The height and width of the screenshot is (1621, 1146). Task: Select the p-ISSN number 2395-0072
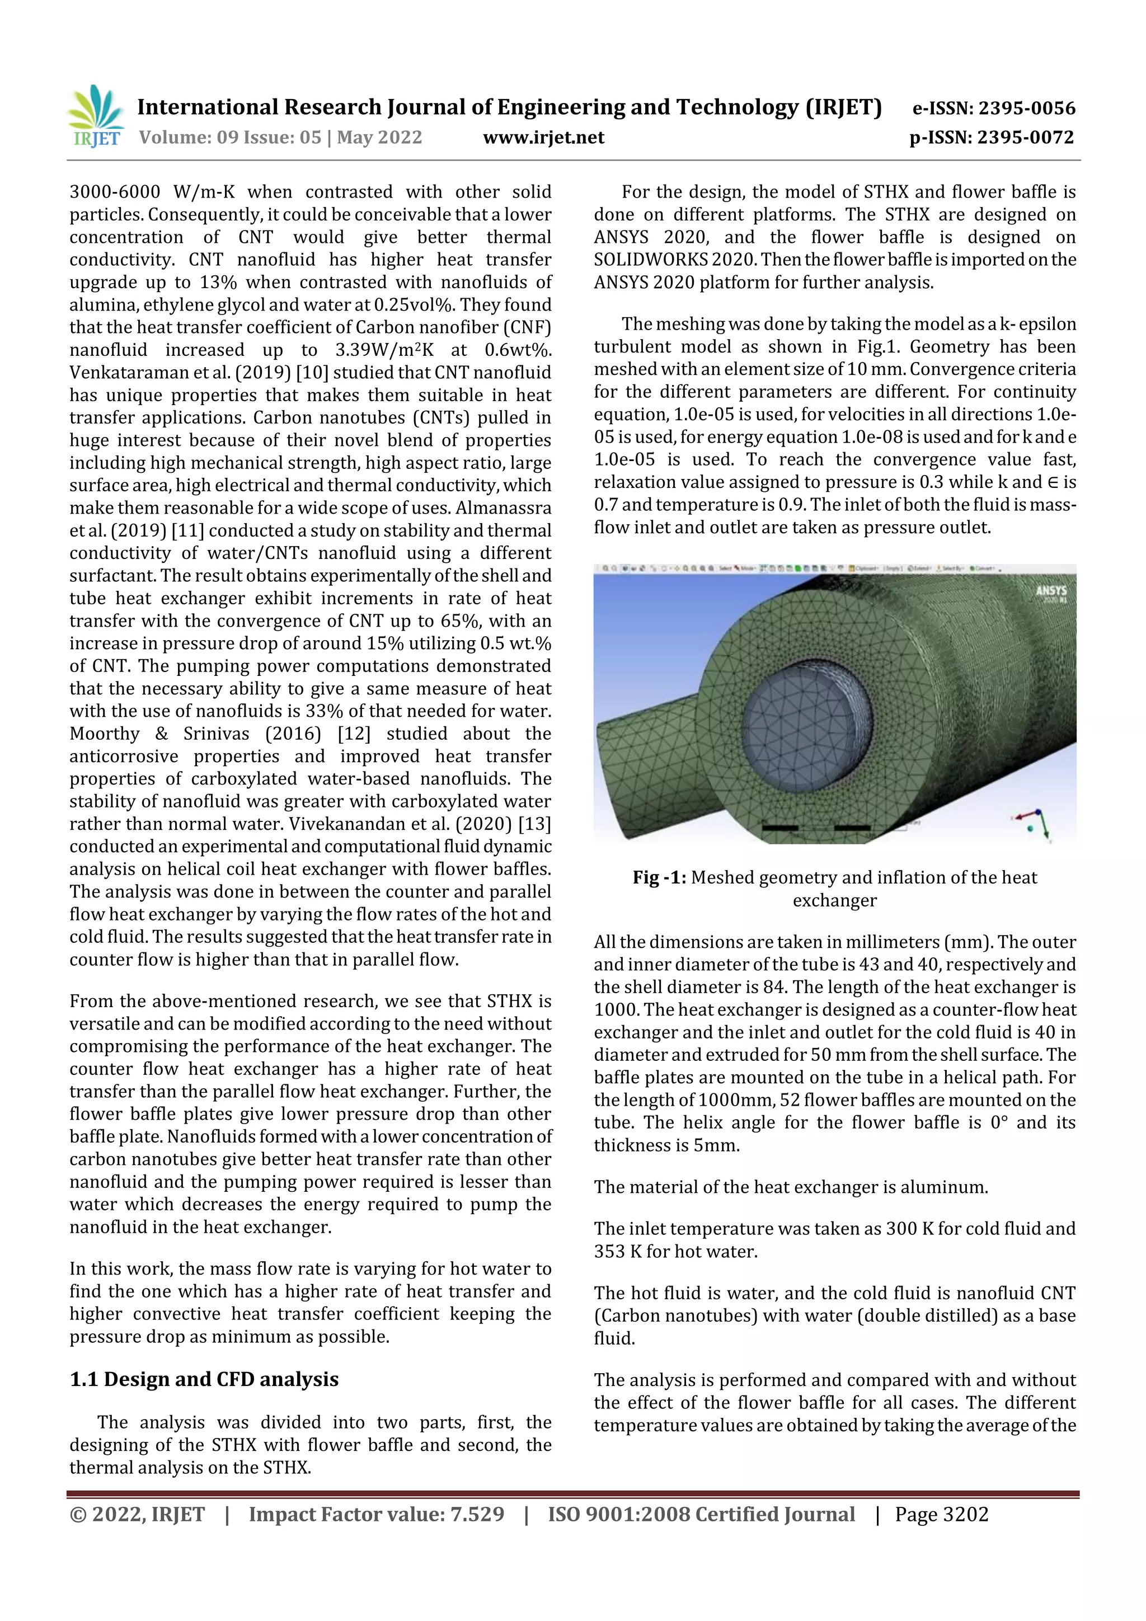pos(1025,138)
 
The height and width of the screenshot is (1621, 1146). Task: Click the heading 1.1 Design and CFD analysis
pos(204,1379)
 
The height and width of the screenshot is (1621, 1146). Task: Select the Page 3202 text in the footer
pos(941,1514)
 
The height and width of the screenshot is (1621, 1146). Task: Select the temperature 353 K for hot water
pos(618,1251)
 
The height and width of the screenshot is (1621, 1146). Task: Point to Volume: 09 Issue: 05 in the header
pos(229,138)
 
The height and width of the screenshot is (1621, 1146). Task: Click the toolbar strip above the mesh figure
pos(833,568)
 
